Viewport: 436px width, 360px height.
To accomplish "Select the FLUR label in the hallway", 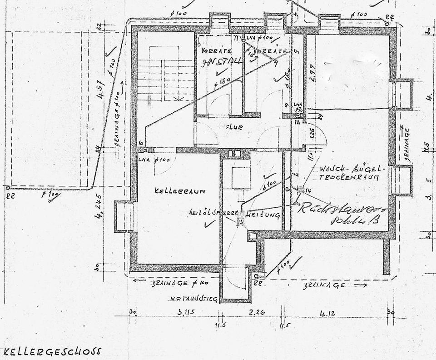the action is (234, 128).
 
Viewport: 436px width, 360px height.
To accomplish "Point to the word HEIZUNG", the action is (263, 214).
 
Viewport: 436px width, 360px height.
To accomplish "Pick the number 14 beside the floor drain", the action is (308, 190).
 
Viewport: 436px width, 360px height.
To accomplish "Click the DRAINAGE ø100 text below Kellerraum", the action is (178, 283).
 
